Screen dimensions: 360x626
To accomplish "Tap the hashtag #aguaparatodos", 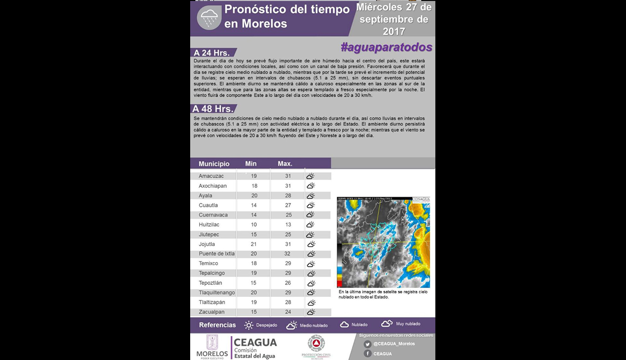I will (386, 47).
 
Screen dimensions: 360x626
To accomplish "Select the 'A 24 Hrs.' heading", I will (212, 53).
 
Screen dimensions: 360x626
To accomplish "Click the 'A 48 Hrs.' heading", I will (213, 109).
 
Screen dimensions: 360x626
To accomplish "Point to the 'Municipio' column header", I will (214, 164).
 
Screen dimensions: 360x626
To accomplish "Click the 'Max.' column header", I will (285, 164).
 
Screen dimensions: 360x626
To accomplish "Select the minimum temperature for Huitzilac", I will (254, 224).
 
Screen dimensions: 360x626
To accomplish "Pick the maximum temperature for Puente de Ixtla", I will (288, 254).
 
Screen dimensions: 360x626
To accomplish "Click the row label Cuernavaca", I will (213, 215).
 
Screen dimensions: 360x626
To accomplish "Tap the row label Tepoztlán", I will (210, 283).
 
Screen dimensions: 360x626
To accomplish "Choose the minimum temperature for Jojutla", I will (254, 244).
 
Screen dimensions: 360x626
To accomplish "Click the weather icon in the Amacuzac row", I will (310, 176).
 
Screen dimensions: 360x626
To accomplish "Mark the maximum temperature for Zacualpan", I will (288, 312).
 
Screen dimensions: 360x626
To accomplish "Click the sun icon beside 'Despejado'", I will (249, 325).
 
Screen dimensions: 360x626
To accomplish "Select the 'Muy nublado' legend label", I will (408, 324).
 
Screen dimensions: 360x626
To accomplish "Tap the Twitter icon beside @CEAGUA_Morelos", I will (368, 344).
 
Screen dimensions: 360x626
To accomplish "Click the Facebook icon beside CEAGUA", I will (368, 353).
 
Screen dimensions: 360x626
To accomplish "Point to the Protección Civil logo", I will (316, 344).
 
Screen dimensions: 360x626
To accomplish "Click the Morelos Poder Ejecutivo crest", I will (212, 342).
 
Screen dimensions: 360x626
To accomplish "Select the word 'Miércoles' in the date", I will (378, 8).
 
